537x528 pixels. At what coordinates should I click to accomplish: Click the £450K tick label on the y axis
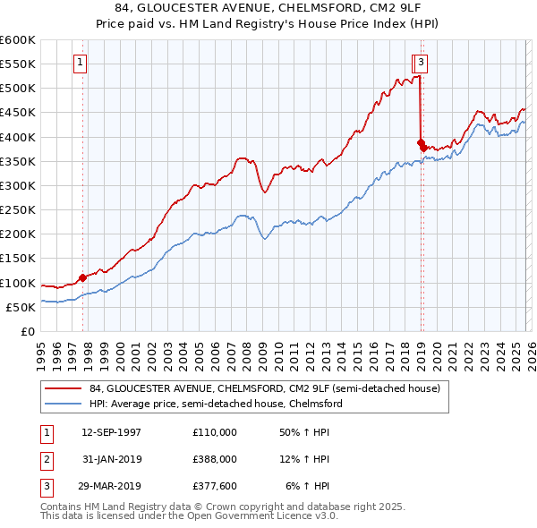[18, 113]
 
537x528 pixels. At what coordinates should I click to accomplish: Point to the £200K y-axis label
[18, 234]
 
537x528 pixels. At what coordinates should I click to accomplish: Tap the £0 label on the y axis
[29, 332]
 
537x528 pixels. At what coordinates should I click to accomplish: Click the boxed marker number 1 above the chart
[81, 63]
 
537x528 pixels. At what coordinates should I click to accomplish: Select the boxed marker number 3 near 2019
[422, 63]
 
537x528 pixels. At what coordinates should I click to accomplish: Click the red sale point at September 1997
[83, 277]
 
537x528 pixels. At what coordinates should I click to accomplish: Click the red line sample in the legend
[63, 389]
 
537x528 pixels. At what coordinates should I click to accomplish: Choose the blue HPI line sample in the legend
[63, 405]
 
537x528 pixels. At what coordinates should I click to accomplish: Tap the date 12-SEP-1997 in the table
[111, 432]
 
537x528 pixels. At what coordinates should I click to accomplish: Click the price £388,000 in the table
[214, 459]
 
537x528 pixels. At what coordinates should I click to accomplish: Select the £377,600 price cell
[214, 486]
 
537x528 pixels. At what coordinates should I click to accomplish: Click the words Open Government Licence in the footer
[255, 516]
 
